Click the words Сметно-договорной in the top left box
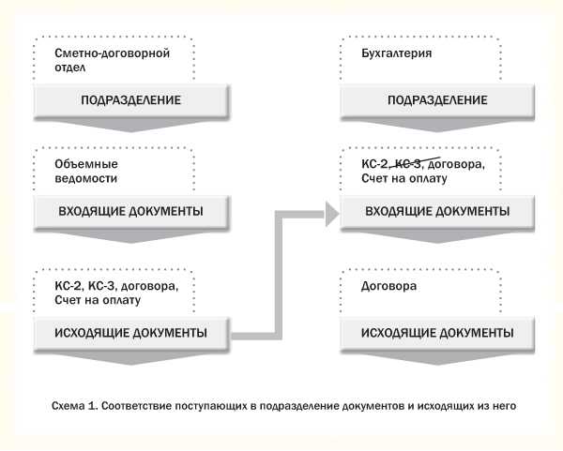tap(113, 53)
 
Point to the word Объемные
tap(82, 162)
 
